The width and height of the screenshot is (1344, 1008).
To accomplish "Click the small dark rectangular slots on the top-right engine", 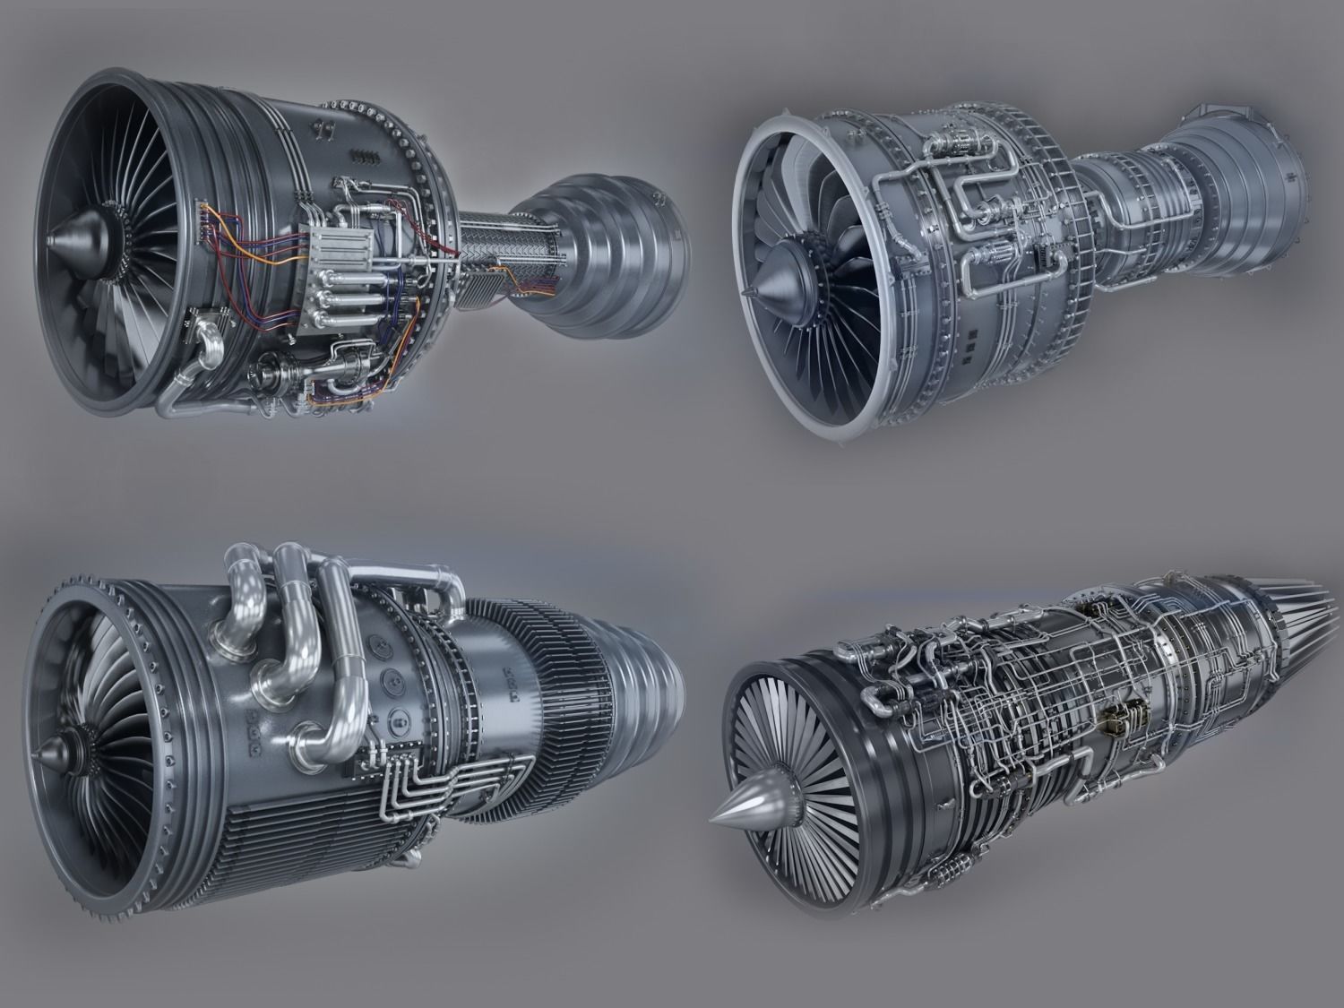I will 974,345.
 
